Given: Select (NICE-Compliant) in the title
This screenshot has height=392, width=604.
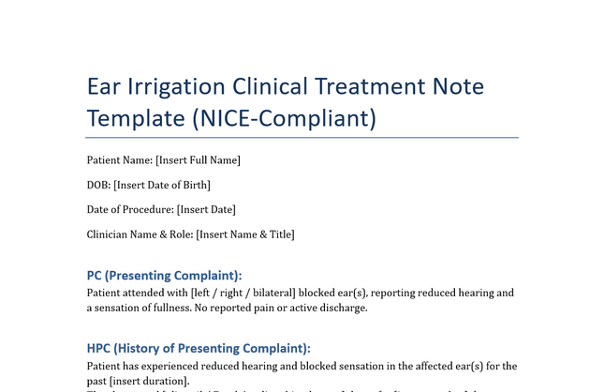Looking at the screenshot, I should [283, 118].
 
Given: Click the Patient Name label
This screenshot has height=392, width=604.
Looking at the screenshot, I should [119, 160].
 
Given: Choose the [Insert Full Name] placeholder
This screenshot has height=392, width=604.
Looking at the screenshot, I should [199, 160].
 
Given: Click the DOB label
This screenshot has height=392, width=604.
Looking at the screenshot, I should [98, 185].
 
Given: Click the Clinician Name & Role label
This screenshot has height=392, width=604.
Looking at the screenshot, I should [140, 234].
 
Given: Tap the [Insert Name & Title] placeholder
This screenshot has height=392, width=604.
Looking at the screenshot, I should [245, 234].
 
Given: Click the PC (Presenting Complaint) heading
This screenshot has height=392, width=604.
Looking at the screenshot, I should [164, 276].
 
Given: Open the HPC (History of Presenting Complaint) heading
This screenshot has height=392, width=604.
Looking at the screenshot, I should [198, 348].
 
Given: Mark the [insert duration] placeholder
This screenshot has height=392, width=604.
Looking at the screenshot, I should [149, 381].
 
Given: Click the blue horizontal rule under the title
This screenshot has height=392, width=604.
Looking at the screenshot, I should [302, 137].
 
